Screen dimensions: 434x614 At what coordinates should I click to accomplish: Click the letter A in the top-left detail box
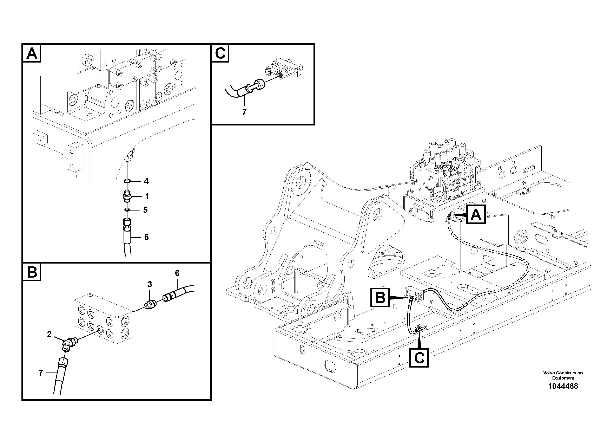32,53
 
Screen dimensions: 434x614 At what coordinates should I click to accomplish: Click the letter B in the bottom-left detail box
32,272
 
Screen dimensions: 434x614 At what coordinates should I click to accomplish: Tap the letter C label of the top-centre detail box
220,53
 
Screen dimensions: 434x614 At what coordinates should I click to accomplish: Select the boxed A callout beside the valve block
476,214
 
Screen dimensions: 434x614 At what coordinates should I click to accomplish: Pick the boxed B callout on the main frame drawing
380,297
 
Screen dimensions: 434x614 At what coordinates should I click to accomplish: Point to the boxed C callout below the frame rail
419,357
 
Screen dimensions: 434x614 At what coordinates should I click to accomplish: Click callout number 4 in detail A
146,181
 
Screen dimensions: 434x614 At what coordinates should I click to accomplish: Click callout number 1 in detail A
147,197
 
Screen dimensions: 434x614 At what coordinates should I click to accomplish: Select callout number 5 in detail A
145,210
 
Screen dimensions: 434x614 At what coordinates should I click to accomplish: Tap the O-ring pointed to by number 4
127,181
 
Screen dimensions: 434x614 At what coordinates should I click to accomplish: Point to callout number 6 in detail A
146,237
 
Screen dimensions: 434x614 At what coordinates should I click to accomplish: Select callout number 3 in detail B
150,284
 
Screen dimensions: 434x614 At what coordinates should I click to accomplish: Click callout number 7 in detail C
244,112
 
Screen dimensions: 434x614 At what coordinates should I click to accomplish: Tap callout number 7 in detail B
41,373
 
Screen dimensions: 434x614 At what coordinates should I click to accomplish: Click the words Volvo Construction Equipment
563,375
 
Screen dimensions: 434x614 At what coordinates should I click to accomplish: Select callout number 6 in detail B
177,273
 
